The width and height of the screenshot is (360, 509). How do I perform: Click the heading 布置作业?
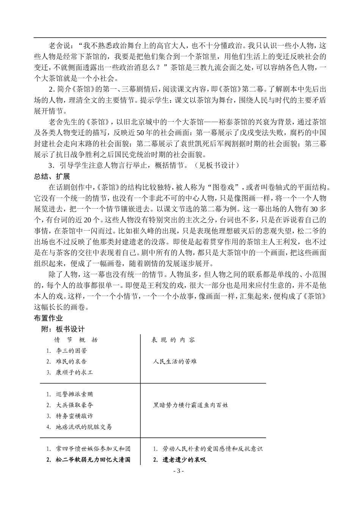click(x=48, y=318)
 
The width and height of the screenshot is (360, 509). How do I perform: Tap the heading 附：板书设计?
click(x=63, y=329)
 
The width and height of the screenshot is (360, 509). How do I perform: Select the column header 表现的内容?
click(x=173, y=340)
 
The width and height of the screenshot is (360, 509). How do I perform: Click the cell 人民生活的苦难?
click(x=175, y=361)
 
